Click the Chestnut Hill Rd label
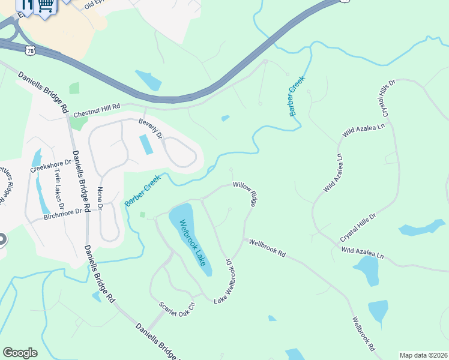coord(97,110)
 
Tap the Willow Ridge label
coord(246,194)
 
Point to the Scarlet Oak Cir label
coord(178,313)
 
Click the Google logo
coord(20,352)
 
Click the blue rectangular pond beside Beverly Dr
coord(146,145)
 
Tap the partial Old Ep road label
coord(95,4)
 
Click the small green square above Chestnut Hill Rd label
coord(74,88)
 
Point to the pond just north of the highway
coord(148,80)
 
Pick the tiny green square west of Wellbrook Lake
coord(143,214)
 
